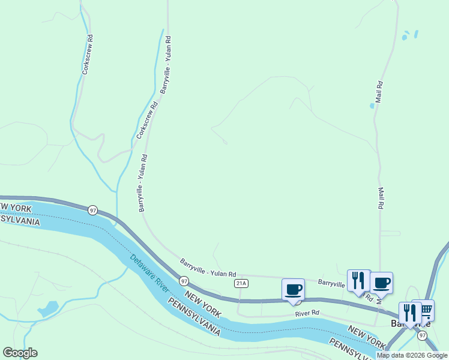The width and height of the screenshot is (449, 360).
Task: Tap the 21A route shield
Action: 241,283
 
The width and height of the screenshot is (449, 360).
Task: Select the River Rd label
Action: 307,313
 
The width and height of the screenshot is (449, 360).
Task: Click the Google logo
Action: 20,353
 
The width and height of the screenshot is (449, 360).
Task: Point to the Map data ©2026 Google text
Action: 412,355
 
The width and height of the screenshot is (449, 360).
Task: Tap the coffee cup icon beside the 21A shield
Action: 294,289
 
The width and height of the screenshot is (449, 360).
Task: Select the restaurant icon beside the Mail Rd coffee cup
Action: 358,280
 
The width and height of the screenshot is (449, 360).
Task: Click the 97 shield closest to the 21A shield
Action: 184,281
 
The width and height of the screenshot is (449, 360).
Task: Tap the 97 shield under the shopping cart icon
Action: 423,335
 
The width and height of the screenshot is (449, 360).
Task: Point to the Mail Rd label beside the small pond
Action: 379,93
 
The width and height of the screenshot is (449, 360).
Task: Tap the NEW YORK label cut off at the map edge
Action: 10,207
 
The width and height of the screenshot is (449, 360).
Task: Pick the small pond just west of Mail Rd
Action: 372,106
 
